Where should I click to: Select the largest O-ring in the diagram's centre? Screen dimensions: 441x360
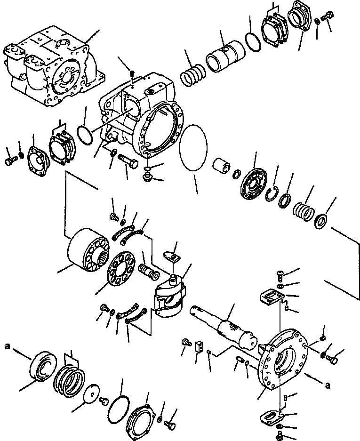(193, 148)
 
